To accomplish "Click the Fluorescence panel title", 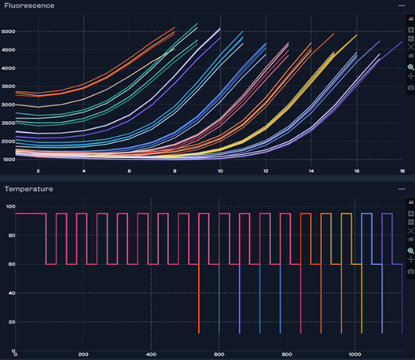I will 29,6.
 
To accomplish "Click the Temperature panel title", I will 29,189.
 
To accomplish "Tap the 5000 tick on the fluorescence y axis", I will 8,32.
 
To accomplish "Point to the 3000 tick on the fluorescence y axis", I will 8,104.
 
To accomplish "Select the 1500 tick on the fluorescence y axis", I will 8,159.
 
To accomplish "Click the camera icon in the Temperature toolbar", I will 410,270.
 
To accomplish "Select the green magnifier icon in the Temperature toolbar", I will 410,249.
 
